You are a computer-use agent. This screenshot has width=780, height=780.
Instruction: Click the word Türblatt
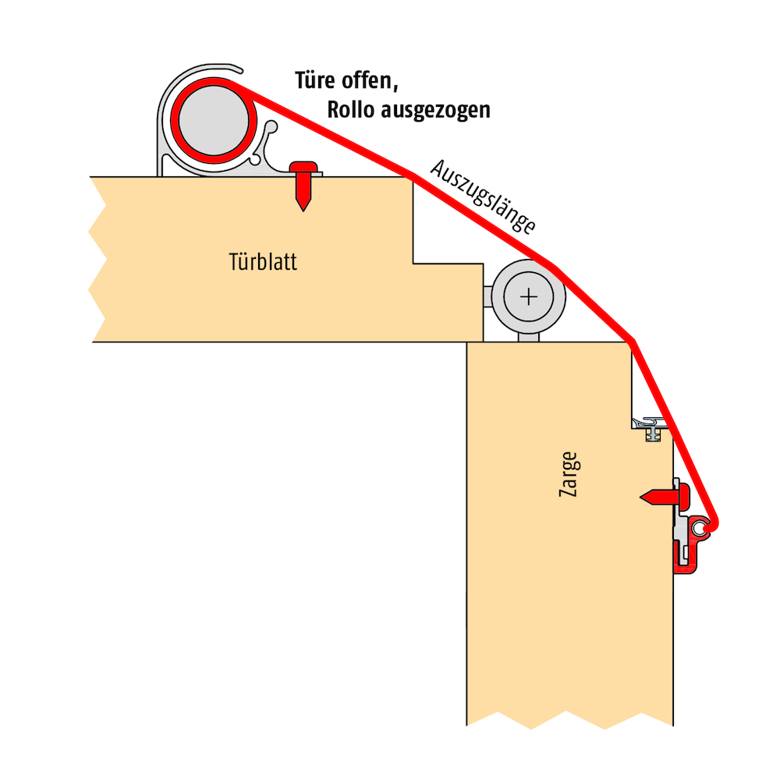pyautogui.click(x=263, y=261)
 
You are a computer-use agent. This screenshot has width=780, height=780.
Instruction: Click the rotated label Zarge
pyautogui.click(x=569, y=474)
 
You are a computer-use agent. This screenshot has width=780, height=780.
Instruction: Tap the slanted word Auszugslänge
pyautogui.click(x=483, y=196)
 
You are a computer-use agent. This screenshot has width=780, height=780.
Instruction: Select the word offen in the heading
pyautogui.click(x=370, y=80)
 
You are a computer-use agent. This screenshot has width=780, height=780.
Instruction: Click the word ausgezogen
pyautogui.click(x=436, y=111)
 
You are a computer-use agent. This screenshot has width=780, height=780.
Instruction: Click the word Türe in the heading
pyautogui.click(x=315, y=80)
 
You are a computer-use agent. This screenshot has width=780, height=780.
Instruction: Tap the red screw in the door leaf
pyautogui.click(x=303, y=185)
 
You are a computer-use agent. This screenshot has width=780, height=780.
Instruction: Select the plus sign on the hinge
pyautogui.click(x=528, y=297)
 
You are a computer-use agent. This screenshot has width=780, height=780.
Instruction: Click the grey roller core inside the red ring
pyautogui.click(x=214, y=120)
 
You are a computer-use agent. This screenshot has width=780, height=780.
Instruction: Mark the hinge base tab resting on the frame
pyautogui.click(x=528, y=337)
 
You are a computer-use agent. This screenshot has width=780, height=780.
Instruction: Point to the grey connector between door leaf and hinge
pyautogui.click(x=487, y=297)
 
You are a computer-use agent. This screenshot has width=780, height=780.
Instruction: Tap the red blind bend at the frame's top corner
pyautogui.click(x=632, y=342)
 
